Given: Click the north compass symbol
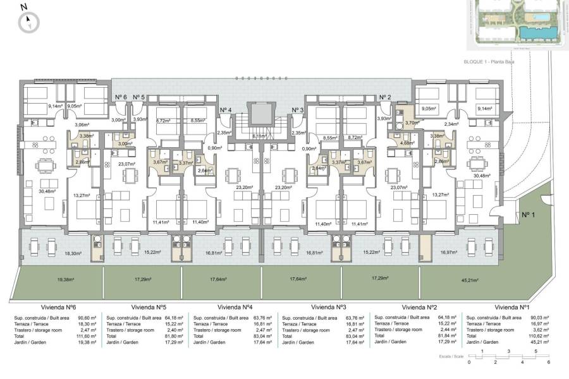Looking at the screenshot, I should click(28, 23).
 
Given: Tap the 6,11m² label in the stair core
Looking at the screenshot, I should click(259, 136).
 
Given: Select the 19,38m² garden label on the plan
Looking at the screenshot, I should click(66, 279).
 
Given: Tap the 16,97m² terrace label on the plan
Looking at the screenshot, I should click(448, 252).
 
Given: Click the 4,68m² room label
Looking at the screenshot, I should click(407, 143).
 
